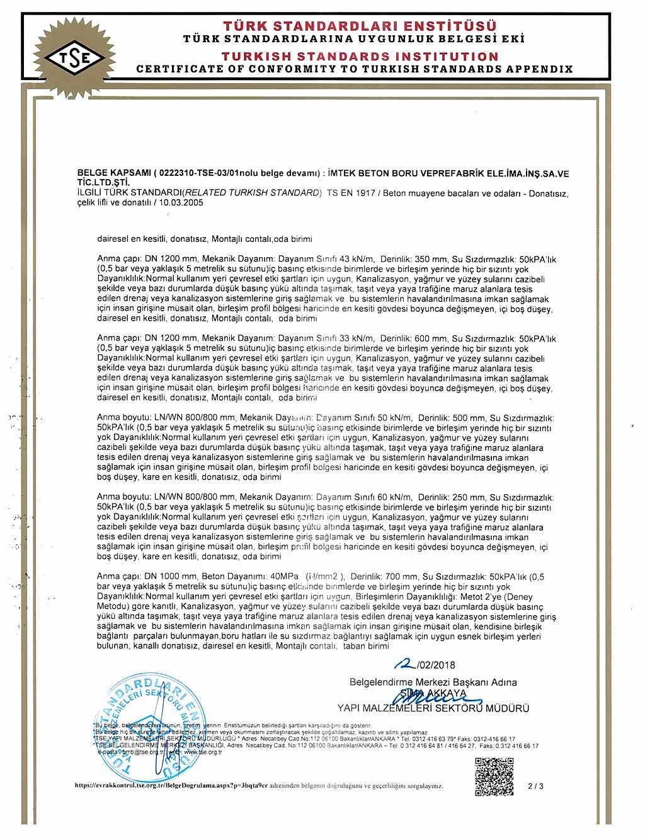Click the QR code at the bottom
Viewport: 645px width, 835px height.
pyautogui.click(x=494, y=777)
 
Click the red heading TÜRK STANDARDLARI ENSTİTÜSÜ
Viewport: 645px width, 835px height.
pyautogui.click(x=360, y=26)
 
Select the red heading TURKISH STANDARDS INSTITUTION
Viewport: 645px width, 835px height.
pyautogui.click(x=360, y=57)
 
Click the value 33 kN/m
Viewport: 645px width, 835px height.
pyautogui.click(x=357, y=338)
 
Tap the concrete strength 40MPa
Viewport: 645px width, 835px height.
pyautogui.click(x=284, y=577)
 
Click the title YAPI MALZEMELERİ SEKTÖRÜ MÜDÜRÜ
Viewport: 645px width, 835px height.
pyautogui.click(x=433, y=708)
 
